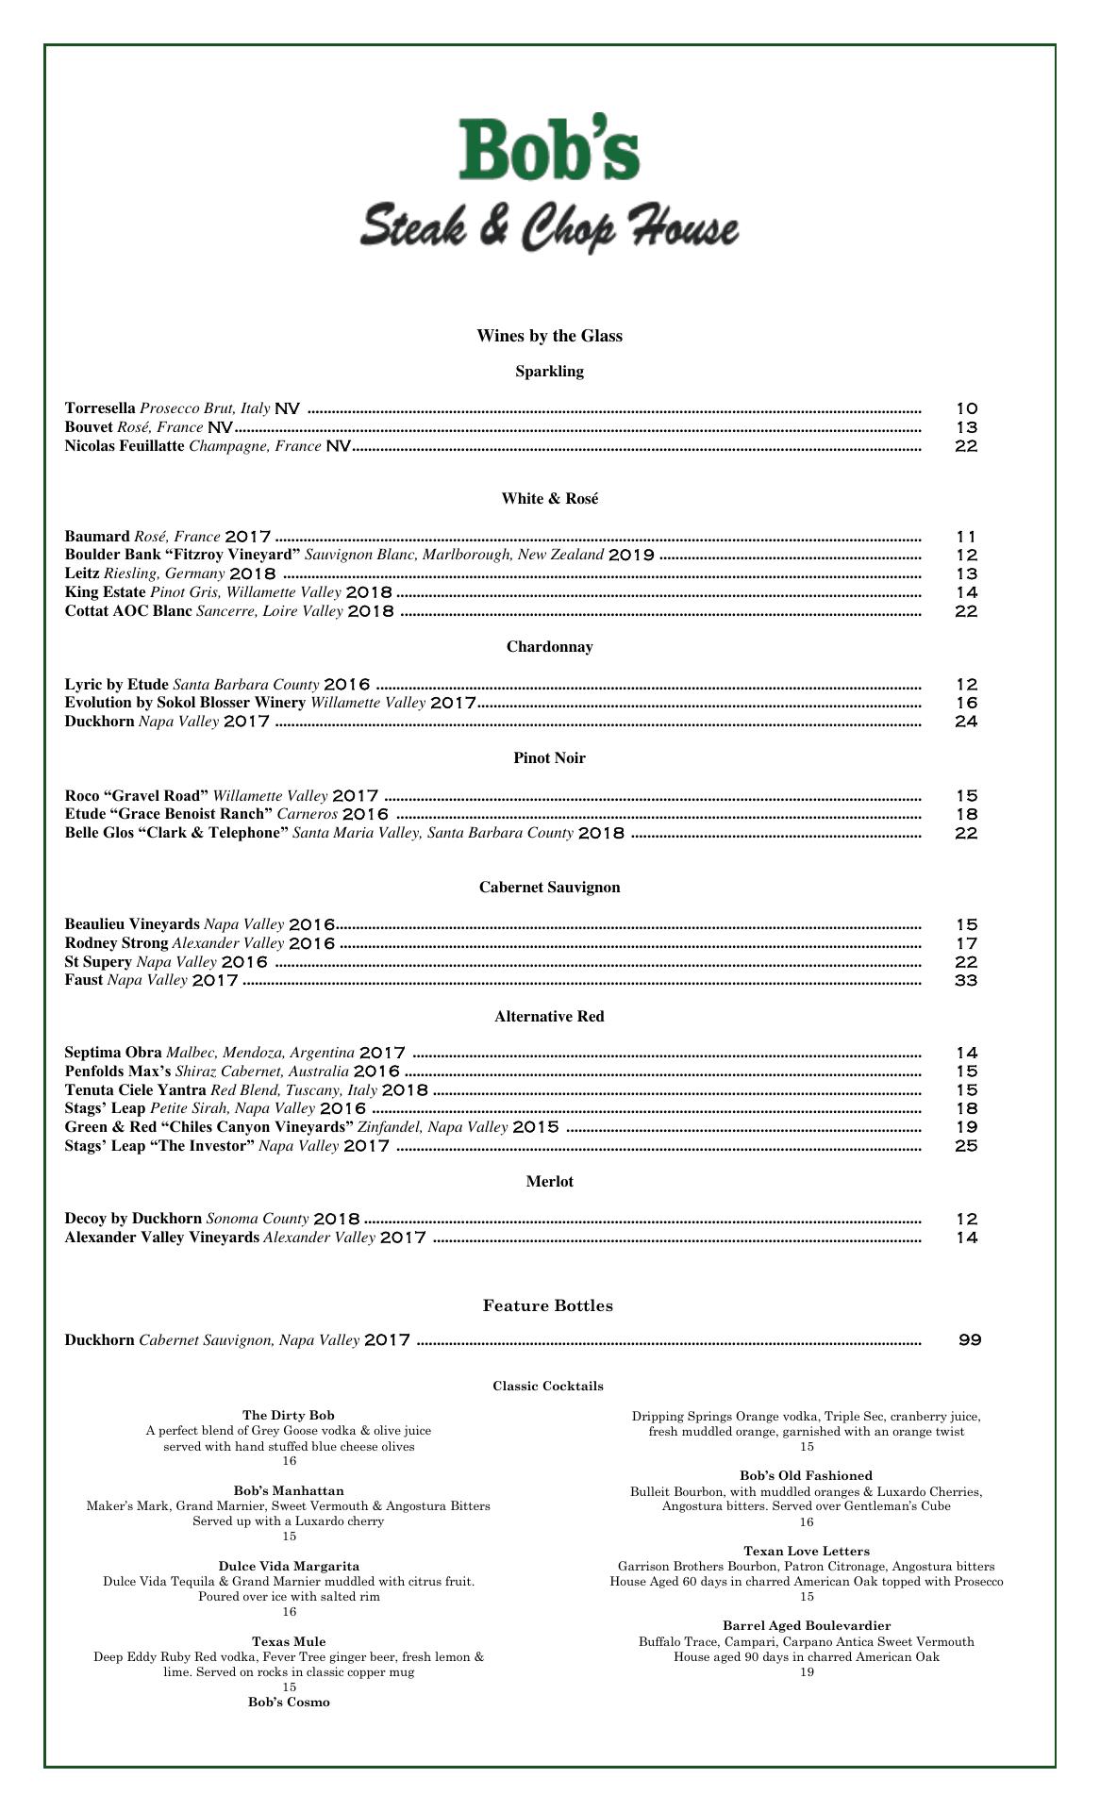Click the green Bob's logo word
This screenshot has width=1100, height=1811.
(549, 149)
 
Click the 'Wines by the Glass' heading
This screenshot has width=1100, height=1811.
(549, 337)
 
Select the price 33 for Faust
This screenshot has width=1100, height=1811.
(966, 981)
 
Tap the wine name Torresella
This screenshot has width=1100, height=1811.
(100, 408)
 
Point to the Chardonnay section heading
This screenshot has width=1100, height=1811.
(549, 647)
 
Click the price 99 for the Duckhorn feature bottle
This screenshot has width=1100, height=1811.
(970, 1339)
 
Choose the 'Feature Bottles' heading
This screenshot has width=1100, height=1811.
(548, 1305)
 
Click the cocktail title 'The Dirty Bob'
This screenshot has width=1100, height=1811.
(289, 1415)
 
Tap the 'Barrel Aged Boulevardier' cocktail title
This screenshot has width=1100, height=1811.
(807, 1625)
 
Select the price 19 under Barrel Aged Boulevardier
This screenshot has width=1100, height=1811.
(807, 1671)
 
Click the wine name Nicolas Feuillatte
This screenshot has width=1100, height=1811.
(125, 446)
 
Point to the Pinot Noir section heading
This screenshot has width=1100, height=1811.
(549, 758)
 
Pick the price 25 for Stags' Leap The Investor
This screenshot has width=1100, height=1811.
(966, 1146)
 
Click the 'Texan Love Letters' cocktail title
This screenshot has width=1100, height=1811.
(807, 1551)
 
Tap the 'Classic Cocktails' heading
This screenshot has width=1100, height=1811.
(548, 1386)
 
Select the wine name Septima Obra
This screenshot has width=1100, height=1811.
(113, 1053)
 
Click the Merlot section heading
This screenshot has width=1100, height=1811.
(549, 1182)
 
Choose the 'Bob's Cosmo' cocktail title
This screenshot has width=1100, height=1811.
(289, 1702)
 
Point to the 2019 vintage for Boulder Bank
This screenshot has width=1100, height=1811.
(631, 556)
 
